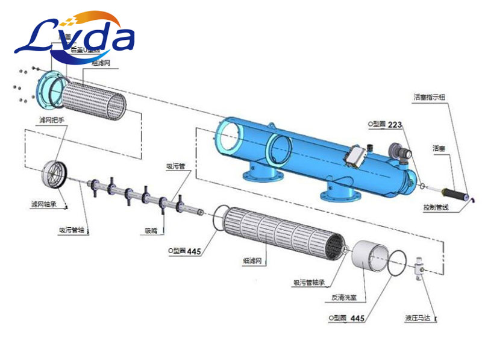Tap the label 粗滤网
101,62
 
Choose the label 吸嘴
151,230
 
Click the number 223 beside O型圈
395,125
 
